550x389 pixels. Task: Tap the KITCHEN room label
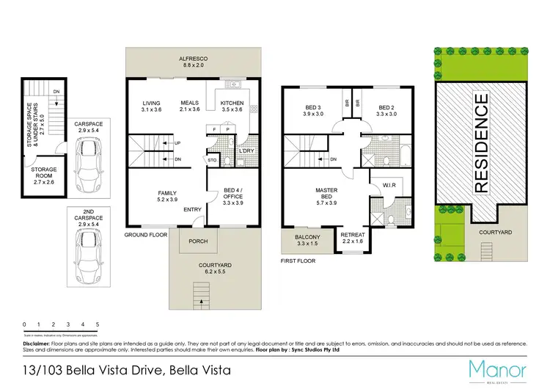[232, 103]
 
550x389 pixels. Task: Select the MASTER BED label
[326, 191]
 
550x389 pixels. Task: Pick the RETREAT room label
[353, 236]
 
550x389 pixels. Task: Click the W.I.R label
[389, 186]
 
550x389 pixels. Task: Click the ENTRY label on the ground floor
[193, 210]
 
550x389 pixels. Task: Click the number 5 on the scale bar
[98, 324]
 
